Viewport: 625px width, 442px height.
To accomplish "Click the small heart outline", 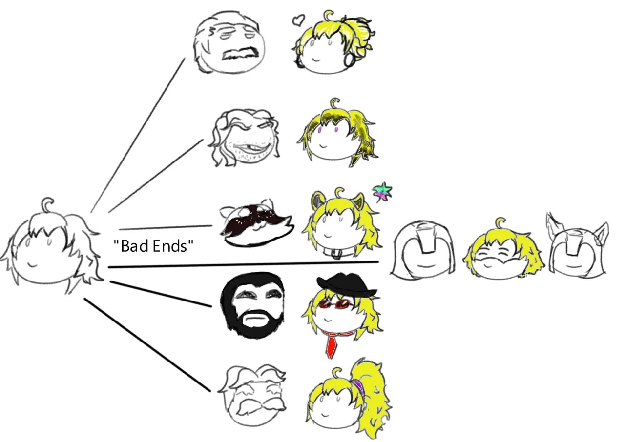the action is coord(298,20).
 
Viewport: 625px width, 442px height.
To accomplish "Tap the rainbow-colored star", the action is coord(382,192).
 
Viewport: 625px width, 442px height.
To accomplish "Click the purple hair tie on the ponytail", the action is coord(358,386).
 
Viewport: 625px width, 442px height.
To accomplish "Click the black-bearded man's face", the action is coord(253,305).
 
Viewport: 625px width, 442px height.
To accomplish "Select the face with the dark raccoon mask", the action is coord(257,223).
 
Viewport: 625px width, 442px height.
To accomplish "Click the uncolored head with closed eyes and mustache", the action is coord(229,42).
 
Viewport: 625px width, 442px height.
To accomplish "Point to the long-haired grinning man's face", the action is coord(244,138).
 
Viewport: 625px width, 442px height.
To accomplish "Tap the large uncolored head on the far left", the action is coord(52,245).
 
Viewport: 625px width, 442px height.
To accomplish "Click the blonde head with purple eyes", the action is coord(337,132).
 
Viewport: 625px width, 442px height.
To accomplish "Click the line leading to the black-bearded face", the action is coord(161,294).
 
